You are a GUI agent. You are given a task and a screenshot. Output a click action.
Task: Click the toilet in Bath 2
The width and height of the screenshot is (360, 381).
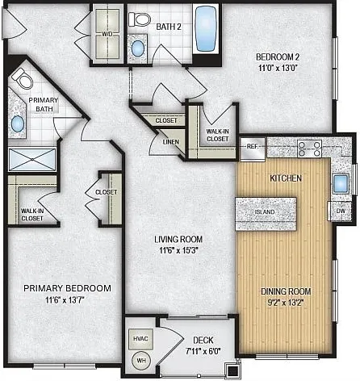139,19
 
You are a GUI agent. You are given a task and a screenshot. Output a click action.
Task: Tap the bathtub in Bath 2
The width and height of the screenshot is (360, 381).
206,29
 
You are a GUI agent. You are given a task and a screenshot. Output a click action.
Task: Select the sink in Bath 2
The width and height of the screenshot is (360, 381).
138,48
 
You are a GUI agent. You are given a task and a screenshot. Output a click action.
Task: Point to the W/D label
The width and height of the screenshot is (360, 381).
107,34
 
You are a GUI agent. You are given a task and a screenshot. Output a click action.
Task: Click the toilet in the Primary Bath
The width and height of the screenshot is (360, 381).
22,78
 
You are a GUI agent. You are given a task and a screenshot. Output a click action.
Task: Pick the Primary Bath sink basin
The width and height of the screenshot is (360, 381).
18,124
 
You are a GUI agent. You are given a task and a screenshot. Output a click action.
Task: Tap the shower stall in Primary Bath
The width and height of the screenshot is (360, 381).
32,159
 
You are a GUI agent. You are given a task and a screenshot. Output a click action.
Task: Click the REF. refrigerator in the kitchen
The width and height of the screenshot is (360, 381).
253,149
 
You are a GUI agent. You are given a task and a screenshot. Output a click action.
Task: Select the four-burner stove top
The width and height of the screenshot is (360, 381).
309,149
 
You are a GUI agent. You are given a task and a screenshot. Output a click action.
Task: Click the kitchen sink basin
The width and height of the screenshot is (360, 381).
341,184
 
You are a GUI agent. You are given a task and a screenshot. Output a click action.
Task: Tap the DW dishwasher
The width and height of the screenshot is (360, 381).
340,211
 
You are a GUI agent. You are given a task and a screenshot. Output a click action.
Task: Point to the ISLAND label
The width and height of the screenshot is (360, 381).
265,212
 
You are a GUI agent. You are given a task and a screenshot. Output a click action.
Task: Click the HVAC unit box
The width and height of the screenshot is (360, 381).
140,339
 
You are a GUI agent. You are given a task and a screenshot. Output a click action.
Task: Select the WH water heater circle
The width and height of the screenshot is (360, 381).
141,361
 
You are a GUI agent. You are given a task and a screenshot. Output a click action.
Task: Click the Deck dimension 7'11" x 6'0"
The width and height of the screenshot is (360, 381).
203,351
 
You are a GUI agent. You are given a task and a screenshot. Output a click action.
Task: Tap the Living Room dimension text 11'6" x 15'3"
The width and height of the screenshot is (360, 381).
178,250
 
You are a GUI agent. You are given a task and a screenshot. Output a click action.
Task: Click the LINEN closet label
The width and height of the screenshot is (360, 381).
170,142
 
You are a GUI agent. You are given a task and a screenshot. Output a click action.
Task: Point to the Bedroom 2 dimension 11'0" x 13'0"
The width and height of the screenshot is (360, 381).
278,68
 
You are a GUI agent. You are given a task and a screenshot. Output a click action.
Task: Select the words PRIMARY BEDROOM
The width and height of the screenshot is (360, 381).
67,288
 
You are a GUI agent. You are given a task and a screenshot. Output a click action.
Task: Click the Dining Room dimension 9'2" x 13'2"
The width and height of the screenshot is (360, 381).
286,303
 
